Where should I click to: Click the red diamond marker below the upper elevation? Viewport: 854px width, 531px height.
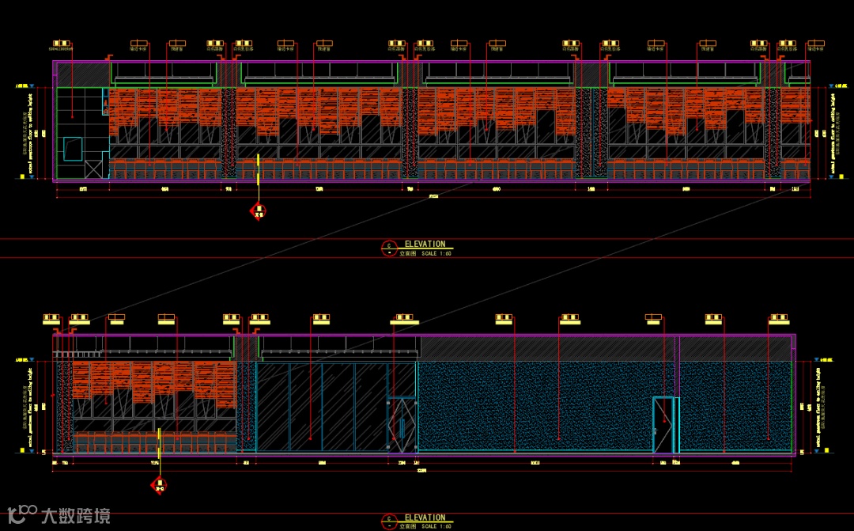258,211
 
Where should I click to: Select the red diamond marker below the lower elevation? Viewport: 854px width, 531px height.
159,485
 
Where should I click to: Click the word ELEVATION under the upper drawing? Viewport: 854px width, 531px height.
425,245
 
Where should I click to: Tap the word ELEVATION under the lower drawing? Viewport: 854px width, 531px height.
425,518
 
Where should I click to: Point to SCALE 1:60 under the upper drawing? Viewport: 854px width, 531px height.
436,253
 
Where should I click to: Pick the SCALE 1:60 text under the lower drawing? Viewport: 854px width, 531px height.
436,526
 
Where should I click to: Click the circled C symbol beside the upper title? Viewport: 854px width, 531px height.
388,248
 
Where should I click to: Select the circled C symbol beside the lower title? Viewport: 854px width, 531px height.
388,521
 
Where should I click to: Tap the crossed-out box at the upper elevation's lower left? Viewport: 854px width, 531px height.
93,167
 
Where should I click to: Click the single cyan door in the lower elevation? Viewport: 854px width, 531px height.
663,425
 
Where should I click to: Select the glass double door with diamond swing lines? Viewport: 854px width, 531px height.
401,426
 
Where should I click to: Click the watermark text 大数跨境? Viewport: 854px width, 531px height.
76,516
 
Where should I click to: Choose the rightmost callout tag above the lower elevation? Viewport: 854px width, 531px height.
779,319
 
